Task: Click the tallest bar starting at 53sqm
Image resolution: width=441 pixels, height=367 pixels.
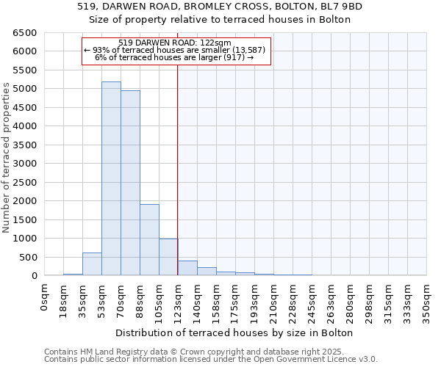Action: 111,178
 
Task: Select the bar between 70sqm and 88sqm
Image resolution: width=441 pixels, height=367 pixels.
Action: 130,183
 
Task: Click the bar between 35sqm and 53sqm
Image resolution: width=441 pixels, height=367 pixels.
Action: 92,264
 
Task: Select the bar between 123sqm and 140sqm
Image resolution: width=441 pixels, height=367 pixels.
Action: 187,269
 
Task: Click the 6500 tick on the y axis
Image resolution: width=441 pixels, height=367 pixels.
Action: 25,33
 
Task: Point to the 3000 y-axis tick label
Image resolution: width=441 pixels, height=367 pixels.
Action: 25,164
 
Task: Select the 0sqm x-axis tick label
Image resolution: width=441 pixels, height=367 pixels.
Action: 45,298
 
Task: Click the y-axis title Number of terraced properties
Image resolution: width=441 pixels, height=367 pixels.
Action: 7,158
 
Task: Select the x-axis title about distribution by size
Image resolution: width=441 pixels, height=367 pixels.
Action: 235,333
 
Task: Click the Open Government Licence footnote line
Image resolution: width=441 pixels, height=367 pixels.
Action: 211,359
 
